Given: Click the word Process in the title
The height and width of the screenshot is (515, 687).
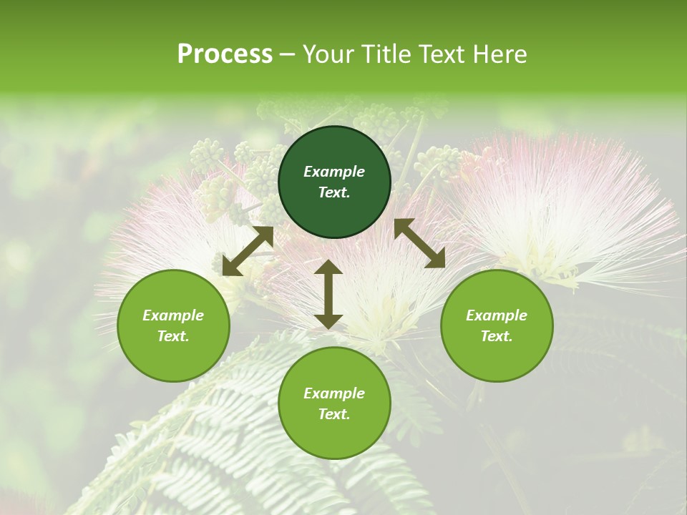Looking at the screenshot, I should [225, 54].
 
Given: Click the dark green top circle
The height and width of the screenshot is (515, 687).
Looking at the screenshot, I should [334, 182].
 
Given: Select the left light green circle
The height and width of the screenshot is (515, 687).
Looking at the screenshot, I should [173, 326].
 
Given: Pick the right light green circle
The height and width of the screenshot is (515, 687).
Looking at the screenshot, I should [497, 326].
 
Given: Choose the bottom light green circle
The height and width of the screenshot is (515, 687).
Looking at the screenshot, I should [334, 403].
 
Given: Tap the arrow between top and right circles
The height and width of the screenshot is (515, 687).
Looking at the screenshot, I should [420, 243].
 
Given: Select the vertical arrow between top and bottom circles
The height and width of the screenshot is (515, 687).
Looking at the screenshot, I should [328, 294].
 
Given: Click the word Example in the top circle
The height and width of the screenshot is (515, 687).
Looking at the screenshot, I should [334, 172].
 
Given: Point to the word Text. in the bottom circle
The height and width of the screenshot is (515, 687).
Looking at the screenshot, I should [334, 414].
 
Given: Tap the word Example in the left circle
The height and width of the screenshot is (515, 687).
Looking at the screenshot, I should [173, 315].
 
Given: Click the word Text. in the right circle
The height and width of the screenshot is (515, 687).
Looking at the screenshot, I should [497, 336].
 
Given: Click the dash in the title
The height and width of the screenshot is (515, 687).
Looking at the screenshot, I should [288, 54].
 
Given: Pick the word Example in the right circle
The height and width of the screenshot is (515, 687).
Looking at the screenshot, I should [497, 315].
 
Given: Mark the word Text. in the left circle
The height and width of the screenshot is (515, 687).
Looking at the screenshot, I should [173, 336].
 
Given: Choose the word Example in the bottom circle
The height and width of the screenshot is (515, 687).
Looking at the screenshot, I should [334, 393].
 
